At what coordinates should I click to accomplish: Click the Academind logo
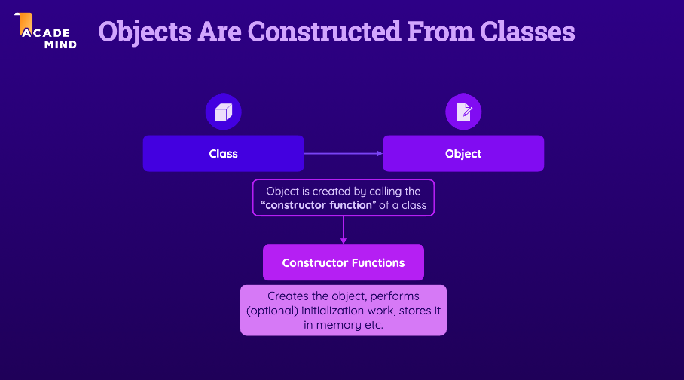pos(46,32)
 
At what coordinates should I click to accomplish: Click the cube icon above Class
pos(223,113)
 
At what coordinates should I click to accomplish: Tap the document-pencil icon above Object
pos(463,113)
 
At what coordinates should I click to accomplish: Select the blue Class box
pos(223,154)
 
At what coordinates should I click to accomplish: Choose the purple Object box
pos(463,154)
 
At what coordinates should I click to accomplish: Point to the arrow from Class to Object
pos(343,154)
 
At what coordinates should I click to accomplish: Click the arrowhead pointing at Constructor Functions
pos(344,241)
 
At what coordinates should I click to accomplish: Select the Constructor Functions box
pos(344,263)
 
